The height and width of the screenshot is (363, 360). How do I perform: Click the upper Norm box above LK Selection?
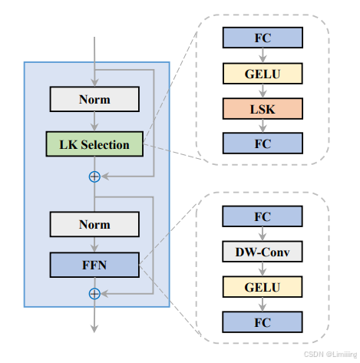94,99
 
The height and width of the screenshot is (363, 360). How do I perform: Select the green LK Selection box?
94,144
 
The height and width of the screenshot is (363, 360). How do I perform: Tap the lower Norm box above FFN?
94,225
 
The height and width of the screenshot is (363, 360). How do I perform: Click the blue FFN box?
94,266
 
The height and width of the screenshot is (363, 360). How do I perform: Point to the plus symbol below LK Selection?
94,177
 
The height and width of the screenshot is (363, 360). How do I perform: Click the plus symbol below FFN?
94,293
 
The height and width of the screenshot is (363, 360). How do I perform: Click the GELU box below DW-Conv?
263,287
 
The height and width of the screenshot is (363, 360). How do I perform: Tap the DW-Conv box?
263,252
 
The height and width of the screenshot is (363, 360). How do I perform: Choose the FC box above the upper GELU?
263,37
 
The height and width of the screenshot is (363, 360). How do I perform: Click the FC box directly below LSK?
263,143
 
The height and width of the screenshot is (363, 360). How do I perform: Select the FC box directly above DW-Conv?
263,216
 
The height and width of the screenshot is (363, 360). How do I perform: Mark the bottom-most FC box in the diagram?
263,322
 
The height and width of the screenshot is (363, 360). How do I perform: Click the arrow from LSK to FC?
263,125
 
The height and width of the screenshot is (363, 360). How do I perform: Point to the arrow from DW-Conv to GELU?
263,269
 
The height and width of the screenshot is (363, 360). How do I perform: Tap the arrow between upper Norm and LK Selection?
94,121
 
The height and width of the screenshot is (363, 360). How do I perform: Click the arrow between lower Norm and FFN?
94,245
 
